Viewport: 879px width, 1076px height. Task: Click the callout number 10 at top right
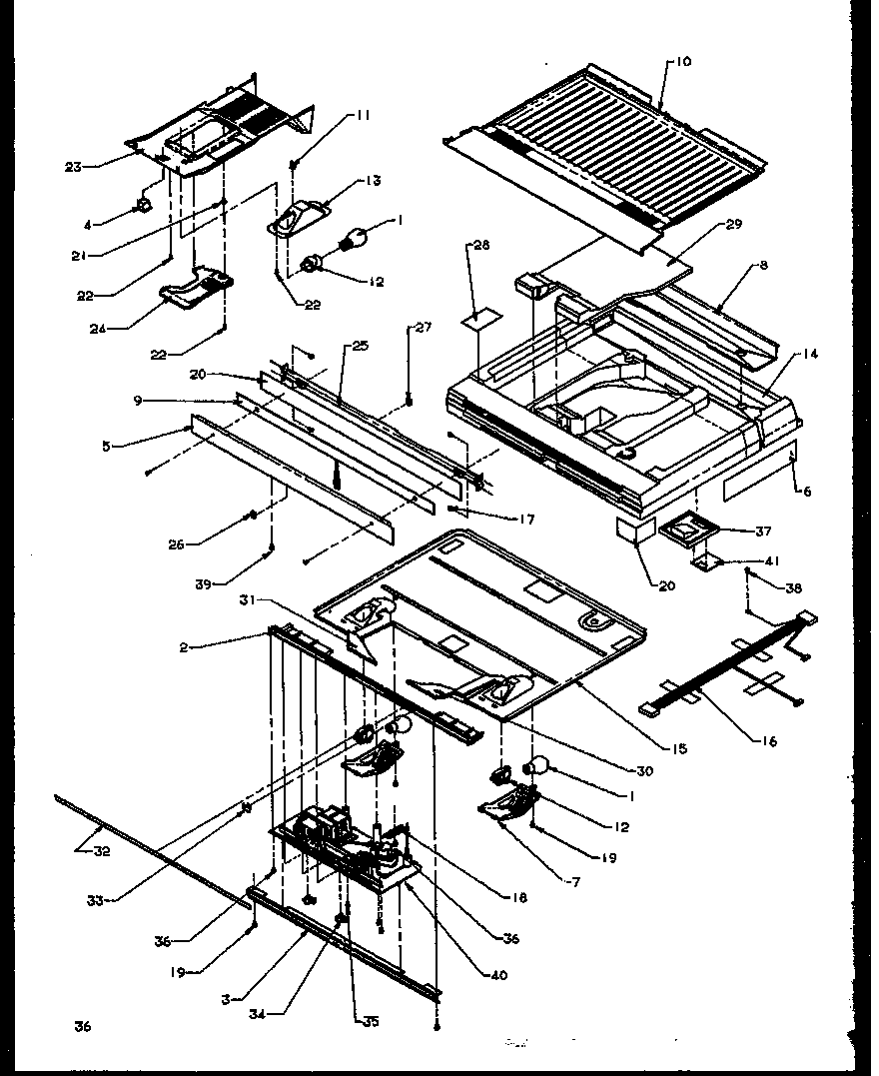(x=683, y=62)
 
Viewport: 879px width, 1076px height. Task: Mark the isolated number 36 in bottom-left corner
(x=82, y=1026)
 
